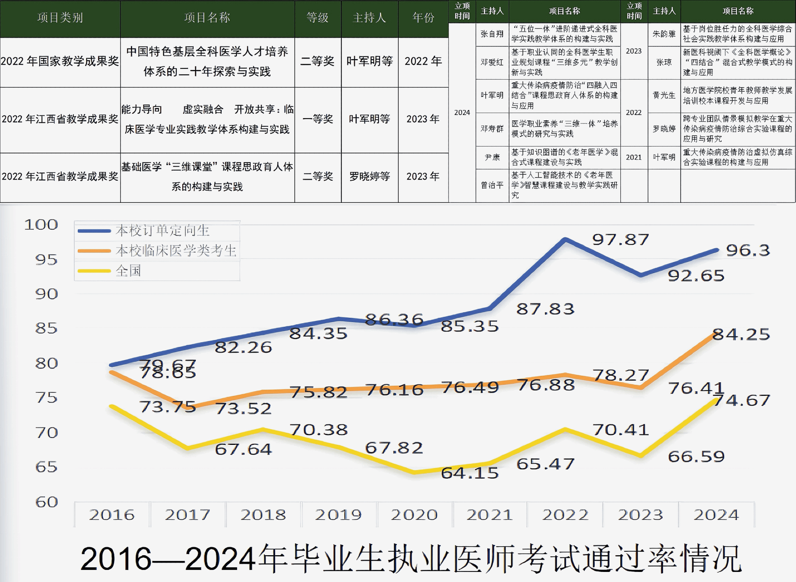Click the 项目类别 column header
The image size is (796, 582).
60,18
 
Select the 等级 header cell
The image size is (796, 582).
318,18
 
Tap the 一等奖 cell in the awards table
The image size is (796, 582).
318,119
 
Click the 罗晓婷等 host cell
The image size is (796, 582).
369,176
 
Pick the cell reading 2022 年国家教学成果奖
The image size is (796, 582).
60,61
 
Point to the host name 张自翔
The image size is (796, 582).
492,34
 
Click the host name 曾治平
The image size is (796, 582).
492,185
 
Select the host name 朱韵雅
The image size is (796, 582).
664,34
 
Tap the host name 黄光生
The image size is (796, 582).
664,95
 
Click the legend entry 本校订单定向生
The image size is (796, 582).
162,230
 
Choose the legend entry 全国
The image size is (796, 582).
128,271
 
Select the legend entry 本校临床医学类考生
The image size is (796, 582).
176,251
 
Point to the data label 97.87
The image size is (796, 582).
620,240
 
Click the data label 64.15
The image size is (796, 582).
470,473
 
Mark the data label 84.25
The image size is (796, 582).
741,334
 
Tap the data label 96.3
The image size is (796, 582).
748,250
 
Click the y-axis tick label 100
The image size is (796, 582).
41,225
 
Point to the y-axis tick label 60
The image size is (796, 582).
47,502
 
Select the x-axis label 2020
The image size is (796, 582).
414,515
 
